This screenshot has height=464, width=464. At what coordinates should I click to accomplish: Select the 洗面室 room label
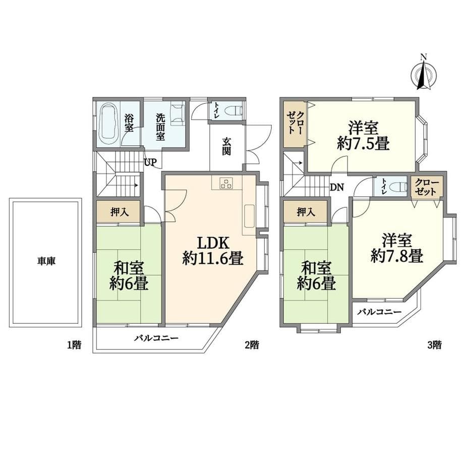click(x=160, y=127)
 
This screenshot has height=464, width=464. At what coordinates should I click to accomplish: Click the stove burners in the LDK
click(x=226, y=183)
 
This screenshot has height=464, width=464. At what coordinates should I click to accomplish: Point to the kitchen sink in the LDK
click(x=249, y=216)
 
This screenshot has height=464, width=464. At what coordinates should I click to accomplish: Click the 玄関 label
click(x=226, y=146)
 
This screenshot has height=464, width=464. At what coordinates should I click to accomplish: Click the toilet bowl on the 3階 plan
click(x=397, y=187)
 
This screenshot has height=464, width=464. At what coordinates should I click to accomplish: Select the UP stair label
click(x=150, y=162)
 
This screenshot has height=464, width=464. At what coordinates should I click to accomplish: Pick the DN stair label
click(x=337, y=187)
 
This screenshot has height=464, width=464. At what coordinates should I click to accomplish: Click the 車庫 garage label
click(x=46, y=261)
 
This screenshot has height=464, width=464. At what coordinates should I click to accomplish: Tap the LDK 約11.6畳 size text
click(x=213, y=251)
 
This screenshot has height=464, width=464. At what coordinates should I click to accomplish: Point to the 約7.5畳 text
click(x=363, y=143)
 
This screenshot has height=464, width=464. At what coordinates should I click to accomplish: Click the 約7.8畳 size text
click(x=397, y=256)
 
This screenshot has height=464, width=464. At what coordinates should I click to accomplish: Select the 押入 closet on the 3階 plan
click(x=306, y=212)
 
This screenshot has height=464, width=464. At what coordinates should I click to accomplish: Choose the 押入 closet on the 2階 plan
click(x=119, y=212)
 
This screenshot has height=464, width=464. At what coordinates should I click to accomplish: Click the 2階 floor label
click(x=252, y=345)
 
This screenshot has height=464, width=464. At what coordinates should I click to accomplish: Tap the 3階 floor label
click(x=434, y=345)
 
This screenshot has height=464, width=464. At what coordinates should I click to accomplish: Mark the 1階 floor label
click(x=74, y=345)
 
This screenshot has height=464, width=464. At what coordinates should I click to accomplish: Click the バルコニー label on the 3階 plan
click(x=379, y=312)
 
